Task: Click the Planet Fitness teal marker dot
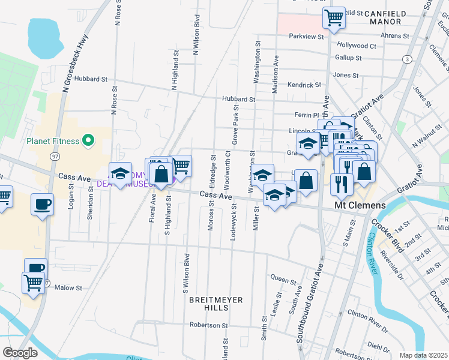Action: click(x=88, y=141)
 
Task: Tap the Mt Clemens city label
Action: click(x=359, y=205)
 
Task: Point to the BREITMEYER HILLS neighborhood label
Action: click(x=209, y=303)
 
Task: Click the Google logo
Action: click(x=20, y=352)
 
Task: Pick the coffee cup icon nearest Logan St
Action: click(x=42, y=204)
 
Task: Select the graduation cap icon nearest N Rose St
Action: click(x=120, y=173)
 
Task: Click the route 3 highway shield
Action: click(x=408, y=59)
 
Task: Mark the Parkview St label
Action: click(x=306, y=37)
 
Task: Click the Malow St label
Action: click(x=68, y=288)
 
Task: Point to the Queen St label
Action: click(x=283, y=278)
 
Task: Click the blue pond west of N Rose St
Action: click(x=46, y=38)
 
